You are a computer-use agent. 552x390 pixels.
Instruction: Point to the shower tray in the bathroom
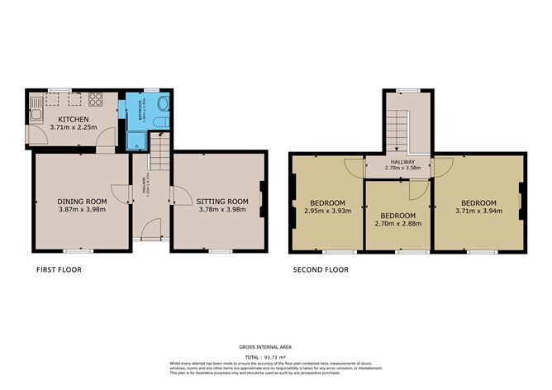tap(135, 140)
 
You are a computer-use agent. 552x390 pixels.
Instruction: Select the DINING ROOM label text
tap(82, 201)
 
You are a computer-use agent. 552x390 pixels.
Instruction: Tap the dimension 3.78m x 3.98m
tap(223, 210)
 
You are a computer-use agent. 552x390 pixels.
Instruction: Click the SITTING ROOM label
tap(223, 201)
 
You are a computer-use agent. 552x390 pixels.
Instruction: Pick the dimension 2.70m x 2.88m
tap(398, 223)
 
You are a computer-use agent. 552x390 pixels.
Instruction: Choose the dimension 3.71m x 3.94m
tap(478, 212)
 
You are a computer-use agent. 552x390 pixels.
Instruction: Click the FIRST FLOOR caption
tap(59, 269)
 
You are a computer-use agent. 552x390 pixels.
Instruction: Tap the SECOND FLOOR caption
tap(321, 269)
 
